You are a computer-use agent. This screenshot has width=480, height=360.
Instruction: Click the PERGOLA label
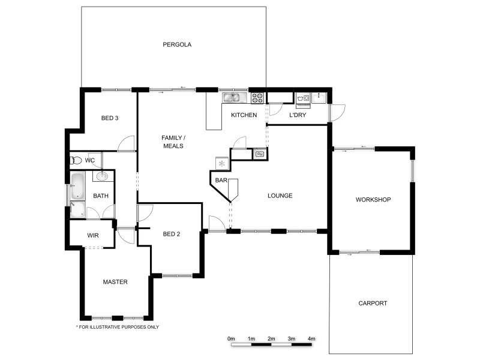click(x=176, y=44)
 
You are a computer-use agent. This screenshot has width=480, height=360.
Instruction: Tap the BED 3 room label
click(x=109, y=118)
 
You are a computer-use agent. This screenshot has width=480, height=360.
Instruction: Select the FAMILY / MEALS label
click(x=173, y=142)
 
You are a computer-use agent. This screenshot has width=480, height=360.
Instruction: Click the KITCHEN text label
click(x=244, y=115)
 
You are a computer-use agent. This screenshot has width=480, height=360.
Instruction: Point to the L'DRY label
click(x=298, y=115)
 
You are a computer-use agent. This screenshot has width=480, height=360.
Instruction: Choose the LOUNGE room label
click(x=280, y=196)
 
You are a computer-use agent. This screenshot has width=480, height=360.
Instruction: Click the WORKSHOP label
click(x=373, y=200)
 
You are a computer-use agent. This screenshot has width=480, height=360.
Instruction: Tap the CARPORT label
click(x=373, y=304)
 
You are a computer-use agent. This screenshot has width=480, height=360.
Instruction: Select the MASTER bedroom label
click(x=115, y=281)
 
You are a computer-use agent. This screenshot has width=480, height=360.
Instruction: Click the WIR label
click(x=93, y=236)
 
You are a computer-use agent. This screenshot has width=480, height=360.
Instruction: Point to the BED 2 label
click(x=171, y=234)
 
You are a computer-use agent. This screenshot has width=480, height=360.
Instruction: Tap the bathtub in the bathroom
click(x=77, y=187)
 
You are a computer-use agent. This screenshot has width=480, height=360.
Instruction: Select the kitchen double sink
click(x=232, y=97)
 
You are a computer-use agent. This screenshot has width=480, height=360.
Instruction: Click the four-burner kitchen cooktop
click(x=258, y=98)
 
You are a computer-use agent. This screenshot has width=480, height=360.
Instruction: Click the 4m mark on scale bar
click(x=311, y=339)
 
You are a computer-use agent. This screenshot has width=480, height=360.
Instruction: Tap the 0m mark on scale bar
click(x=231, y=339)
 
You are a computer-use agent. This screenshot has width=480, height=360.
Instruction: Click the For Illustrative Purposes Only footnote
click(x=117, y=327)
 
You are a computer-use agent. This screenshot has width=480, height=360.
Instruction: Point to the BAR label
click(x=221, y=180)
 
